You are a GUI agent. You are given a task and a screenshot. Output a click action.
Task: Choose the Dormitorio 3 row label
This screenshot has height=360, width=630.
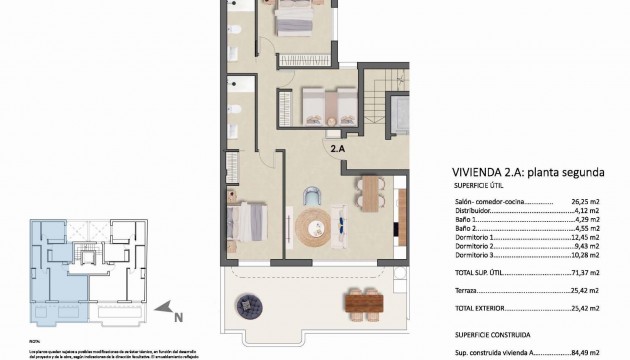click(478, 255)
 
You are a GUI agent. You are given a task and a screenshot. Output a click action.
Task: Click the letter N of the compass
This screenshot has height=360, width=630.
click(178, 319)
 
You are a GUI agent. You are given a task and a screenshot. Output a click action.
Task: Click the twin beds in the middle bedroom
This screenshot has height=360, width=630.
click(320, 104)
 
